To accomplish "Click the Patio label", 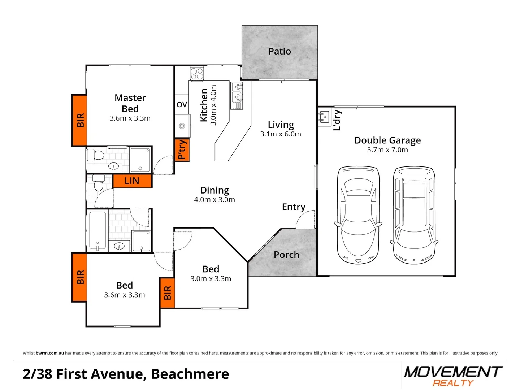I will pos(279,51).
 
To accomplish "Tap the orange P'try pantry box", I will pos(182,150).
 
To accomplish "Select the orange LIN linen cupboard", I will pos(132,181).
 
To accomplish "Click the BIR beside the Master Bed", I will pos(80,120).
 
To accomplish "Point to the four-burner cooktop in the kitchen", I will pos(197,74).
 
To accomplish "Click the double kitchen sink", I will pos(237,92).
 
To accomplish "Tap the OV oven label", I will pos(182,105).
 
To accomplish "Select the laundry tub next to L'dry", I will pos(324,117).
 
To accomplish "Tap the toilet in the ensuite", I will pos(96,155).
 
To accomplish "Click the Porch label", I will pos(286,255).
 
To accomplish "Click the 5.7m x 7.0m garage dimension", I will pos(387,150).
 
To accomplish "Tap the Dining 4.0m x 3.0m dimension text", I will pos(214,200).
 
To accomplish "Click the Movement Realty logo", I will pos(453,376).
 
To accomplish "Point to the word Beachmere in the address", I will pos(190,374).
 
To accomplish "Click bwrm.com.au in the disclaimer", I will pos(50,353).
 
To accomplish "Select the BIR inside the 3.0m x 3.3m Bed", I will pos(167,293).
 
